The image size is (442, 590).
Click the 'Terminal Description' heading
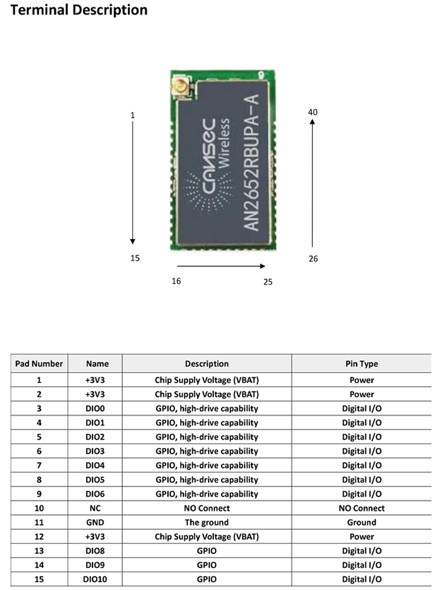tap(79, 11)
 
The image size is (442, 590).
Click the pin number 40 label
tap(313, 112)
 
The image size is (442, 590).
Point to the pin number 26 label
tap(313, 258)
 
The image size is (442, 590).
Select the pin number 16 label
tap(176, 281)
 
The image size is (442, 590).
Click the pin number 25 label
tap(268, 281)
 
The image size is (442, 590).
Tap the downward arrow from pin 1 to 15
tap(133, 183)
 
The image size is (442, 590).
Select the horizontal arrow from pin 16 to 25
tap(221, 266)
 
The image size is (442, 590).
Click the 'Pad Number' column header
tap(39, 363)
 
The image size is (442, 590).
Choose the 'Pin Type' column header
tap(361, 363)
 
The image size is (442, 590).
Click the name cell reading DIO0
tap(95, 408)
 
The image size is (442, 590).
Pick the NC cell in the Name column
tap(95, 508)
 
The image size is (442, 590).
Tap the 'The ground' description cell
tap(206, 522)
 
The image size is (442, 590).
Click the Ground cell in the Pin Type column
tap(361, 522)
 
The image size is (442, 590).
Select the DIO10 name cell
tap(95, 579)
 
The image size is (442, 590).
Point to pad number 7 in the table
tap(39, 466)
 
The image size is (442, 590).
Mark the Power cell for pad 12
tap(361, 536)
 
